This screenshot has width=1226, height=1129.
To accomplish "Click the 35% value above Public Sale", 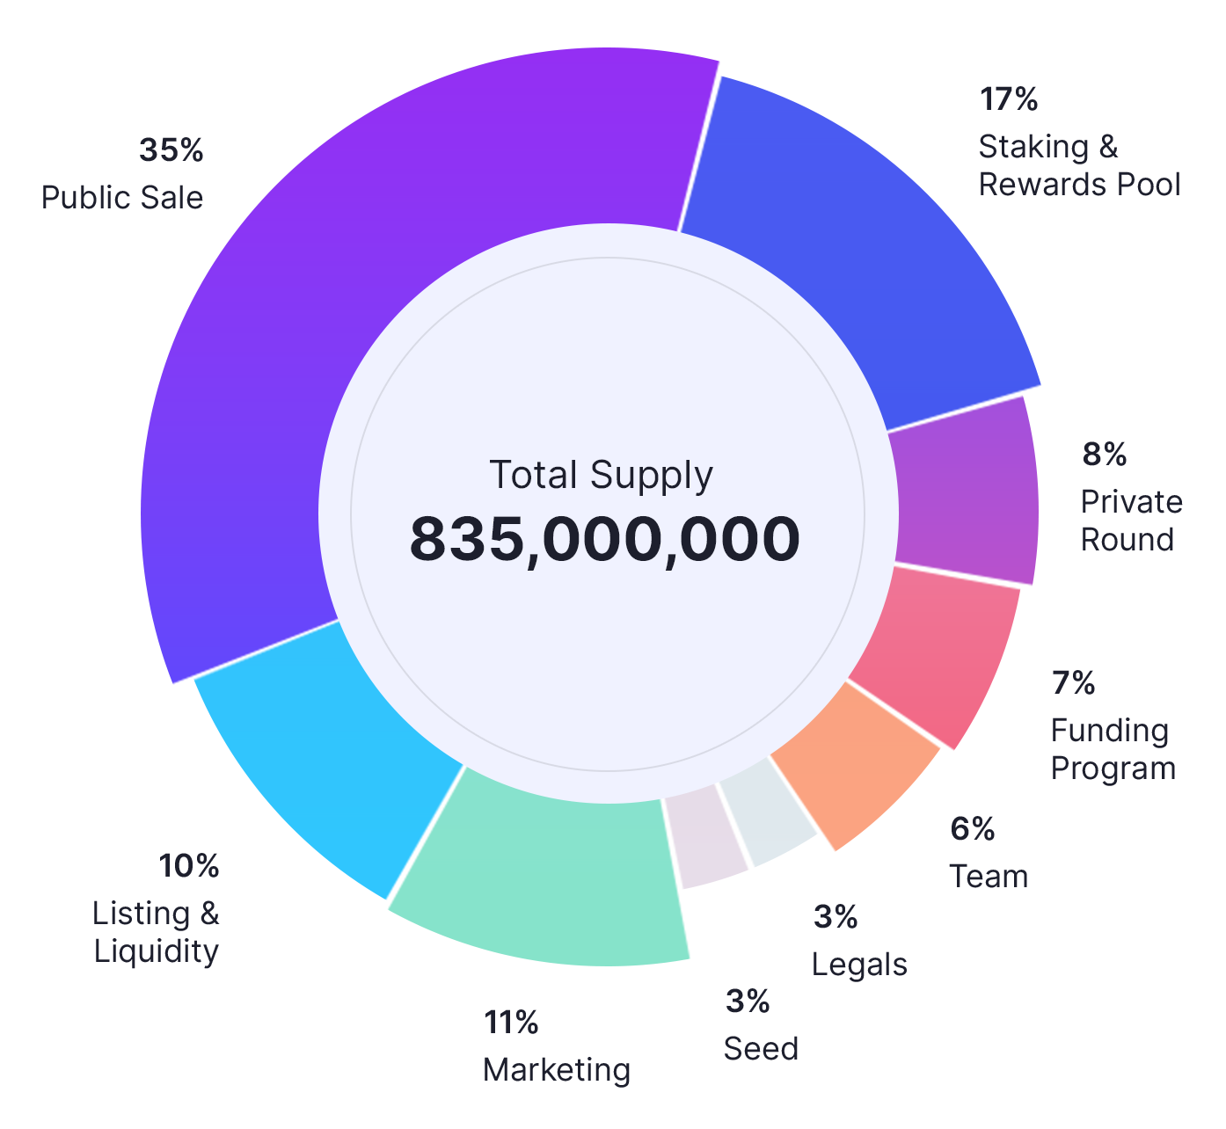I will click(171, 150).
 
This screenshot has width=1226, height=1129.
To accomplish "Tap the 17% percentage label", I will click(1009, 99).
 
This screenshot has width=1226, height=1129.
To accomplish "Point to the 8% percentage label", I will click(1105, 455).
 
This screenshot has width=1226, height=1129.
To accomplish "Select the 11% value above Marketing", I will click(511, 1023).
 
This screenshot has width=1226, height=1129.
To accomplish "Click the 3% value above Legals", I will click(836, 917).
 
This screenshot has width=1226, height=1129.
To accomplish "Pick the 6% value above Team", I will click(973, 829).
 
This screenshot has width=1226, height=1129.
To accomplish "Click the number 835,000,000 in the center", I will click(605, 539).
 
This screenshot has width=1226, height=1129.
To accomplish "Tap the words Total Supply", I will click(602, 476).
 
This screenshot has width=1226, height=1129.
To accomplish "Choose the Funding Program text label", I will click(1113, 749).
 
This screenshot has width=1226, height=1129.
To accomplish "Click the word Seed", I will click(762, 1049).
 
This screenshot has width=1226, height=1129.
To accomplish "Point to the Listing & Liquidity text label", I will click(157, 932).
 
